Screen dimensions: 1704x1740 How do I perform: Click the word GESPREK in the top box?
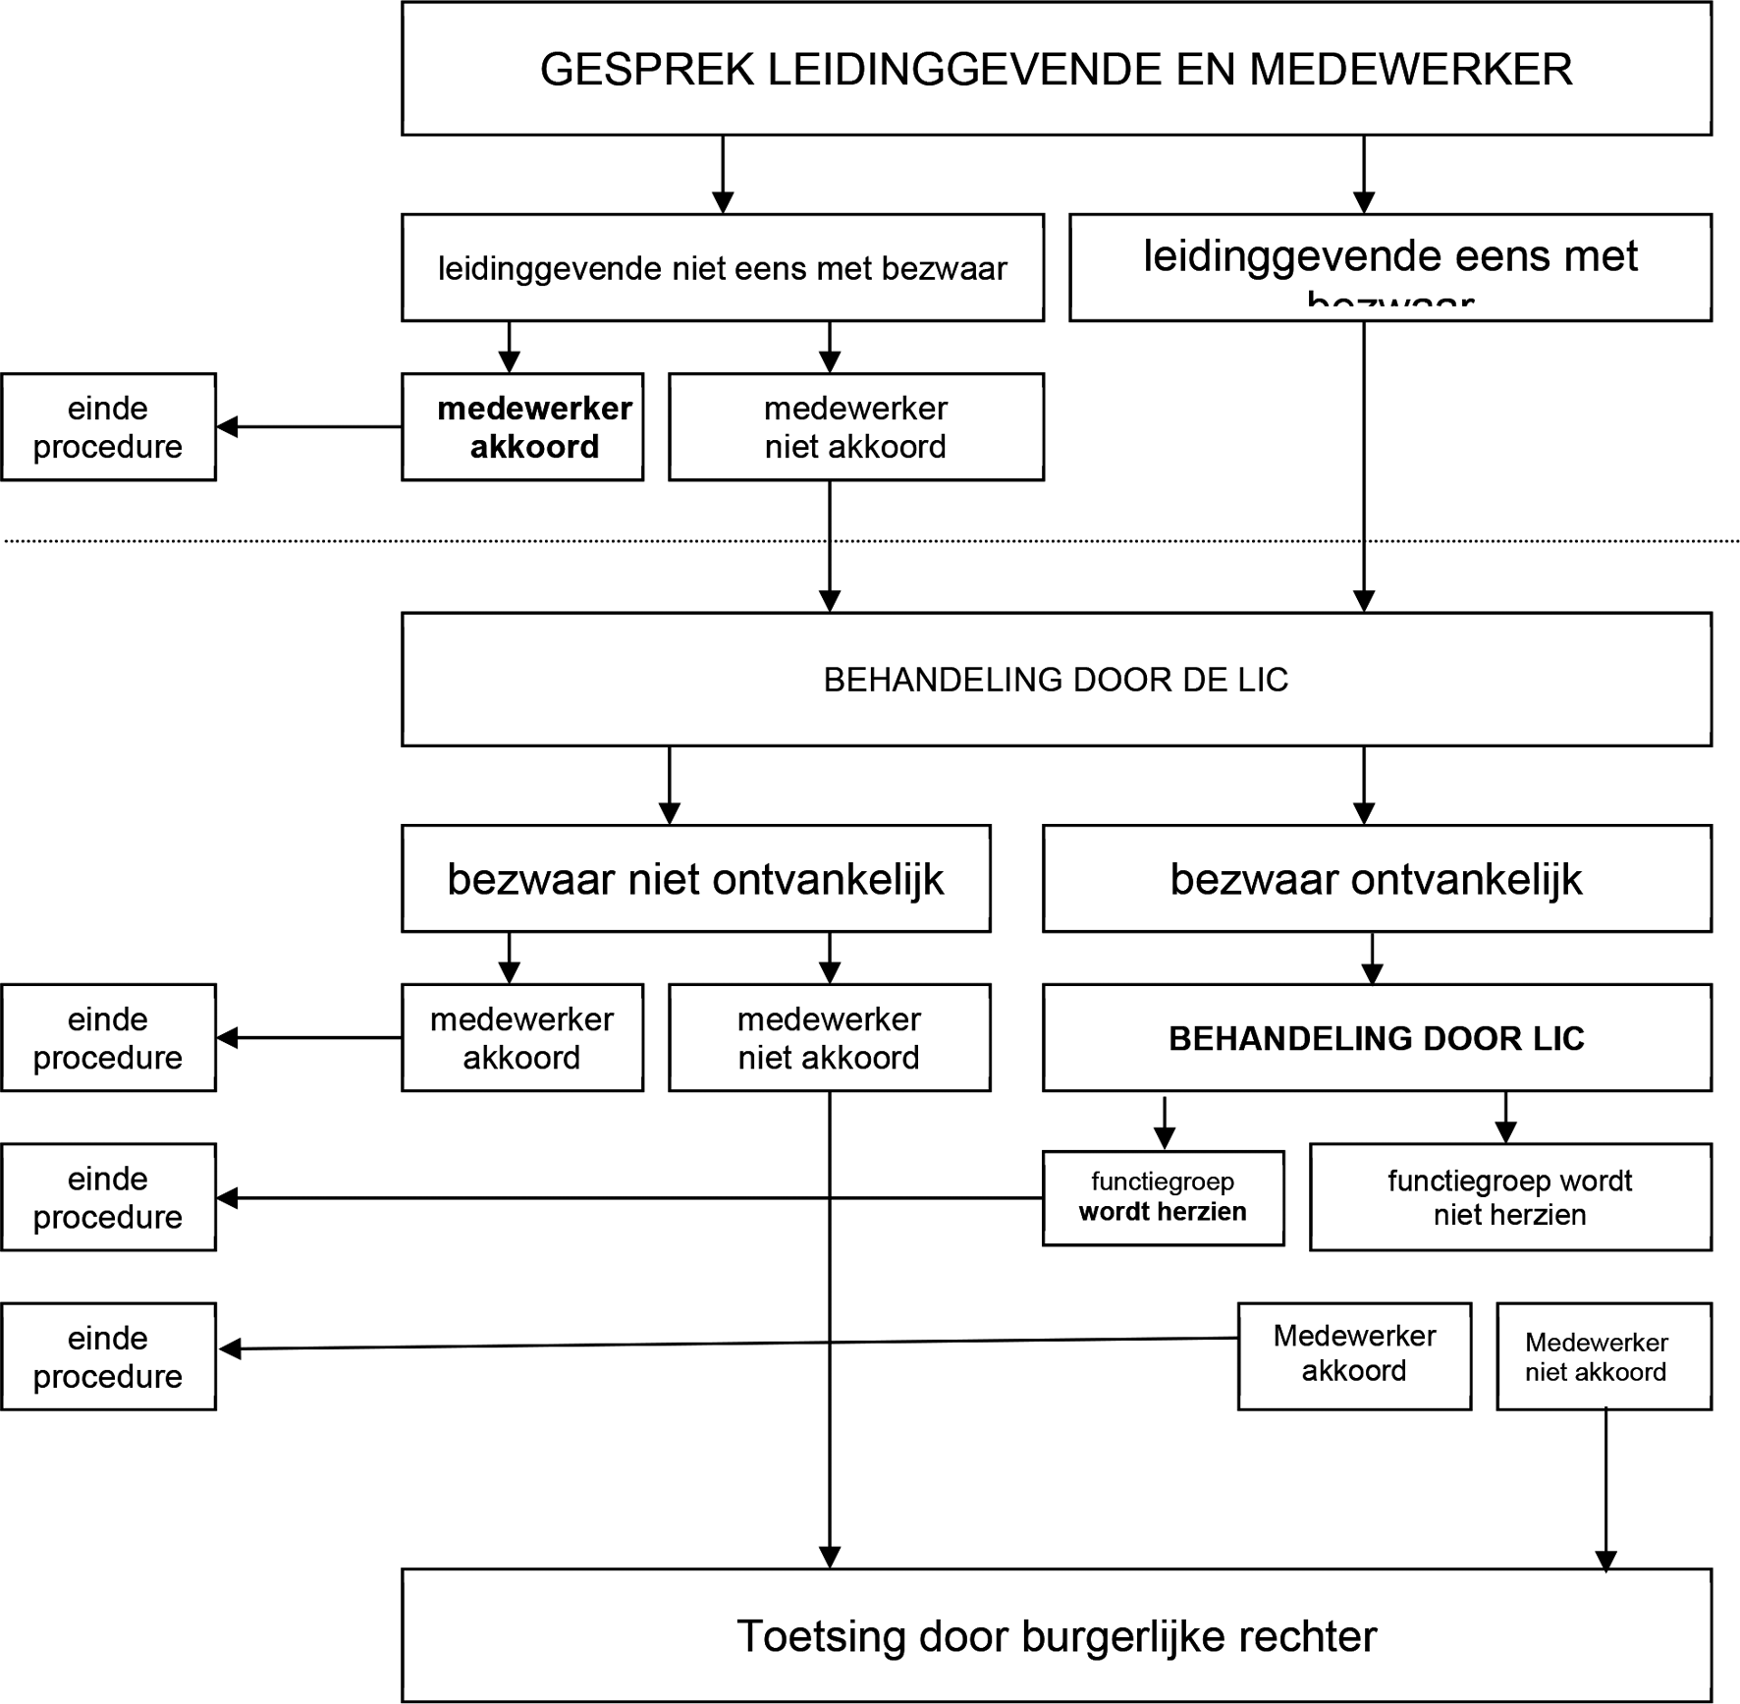pyautogui.click(x=647, y=70)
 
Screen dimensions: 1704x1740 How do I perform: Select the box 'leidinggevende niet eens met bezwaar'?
pyautogui.click(x=722, y=267)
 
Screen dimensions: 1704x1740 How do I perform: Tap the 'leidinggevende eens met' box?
pyautogui.click(x=1389, y=267)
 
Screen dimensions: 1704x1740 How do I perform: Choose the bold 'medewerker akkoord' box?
pyautogui.click(x=522, y=426)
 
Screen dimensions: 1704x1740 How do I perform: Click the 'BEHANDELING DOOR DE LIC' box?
pyautogui.click(x=1056, y=680)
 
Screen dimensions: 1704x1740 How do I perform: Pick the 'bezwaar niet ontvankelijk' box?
pyautogui.click(x=695, y=878)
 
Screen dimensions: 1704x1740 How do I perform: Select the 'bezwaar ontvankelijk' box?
pyautogui.click(x=1376, y=878)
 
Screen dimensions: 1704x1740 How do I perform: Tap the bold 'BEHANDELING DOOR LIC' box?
pyautogui.click(x=1376, y=1038)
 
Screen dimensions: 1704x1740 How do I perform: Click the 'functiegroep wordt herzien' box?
pyautogui.click(x=1163, y=1197)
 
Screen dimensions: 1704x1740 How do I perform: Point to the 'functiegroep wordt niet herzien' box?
pyautogui.click(x=1509, y=1197)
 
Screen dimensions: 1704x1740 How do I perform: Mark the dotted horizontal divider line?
pyautogui.click(x=295, y=540)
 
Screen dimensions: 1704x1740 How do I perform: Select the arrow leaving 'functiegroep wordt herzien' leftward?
pyautogui.click(x=589, y=1198)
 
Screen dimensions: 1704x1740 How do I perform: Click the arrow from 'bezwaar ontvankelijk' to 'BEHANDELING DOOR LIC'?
pyautogui.click(x=1372, y=958)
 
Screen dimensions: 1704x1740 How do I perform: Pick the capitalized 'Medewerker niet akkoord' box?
pyautogui.click(x=1603, y=1356)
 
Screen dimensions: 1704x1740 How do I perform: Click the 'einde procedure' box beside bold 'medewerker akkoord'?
pyautogui.click(x=108, y=426)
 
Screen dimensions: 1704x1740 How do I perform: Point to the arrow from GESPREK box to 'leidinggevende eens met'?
pyautogui.click(x=1363, y=174)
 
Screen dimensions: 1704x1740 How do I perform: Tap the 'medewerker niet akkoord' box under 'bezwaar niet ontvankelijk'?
pyautogui.click(x=829, y=1038)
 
